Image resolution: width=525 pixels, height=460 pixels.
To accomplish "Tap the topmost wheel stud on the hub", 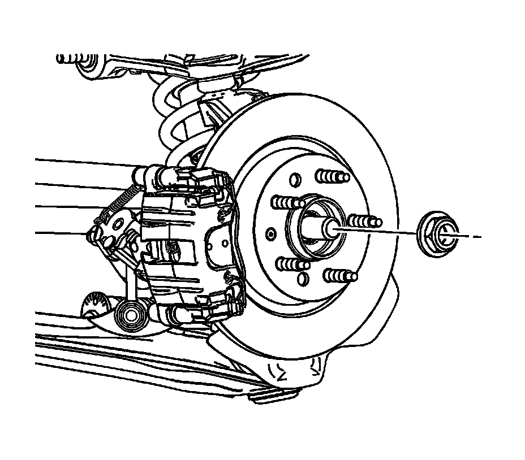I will (x=332, y=176).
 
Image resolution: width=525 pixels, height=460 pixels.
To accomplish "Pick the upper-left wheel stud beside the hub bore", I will (x=286, y=202).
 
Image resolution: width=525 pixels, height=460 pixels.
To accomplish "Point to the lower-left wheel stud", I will (x=292, y=264).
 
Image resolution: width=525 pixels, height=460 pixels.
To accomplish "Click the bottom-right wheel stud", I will (x=341, y=276).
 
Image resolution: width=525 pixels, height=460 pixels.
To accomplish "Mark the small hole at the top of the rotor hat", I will (x=294, y=180).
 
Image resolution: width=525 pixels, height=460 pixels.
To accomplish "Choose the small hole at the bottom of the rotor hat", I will (x=304, y=278).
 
